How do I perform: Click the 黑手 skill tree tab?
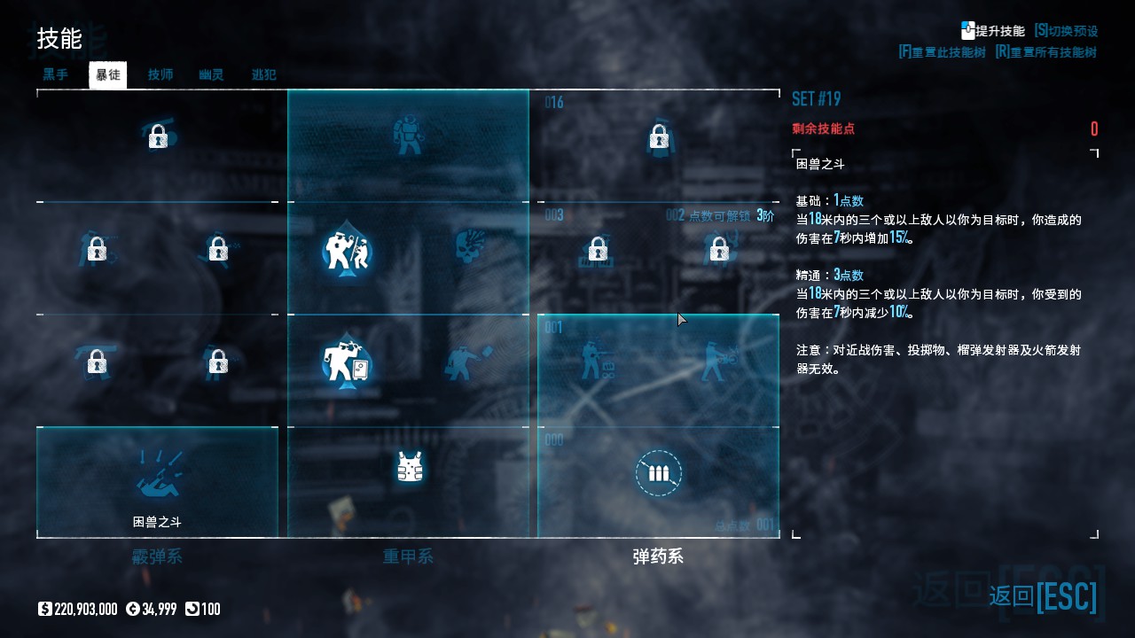point(56,75)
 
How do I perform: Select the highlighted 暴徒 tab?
point(108,75)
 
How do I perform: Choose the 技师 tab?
point(160,75)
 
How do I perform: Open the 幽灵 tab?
point(211,75)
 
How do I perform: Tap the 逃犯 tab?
point(263,75)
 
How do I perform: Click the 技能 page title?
point(59,39)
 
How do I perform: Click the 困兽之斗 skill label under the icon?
point(157,522)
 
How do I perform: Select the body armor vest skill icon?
point(409,467)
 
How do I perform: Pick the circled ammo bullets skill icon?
point(658,472)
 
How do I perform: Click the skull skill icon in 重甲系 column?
point(469,247)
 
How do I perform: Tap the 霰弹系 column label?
point(157,557)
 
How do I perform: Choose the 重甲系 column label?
point(408,557)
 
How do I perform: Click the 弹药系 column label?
point(658,557)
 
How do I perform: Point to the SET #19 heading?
point(816,98)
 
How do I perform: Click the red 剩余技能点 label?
point(823,129)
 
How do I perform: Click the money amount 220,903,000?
point(85,610)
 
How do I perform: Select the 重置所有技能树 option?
point(1046,52)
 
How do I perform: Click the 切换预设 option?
point(1066,31)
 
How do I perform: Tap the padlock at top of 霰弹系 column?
point(158,136)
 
